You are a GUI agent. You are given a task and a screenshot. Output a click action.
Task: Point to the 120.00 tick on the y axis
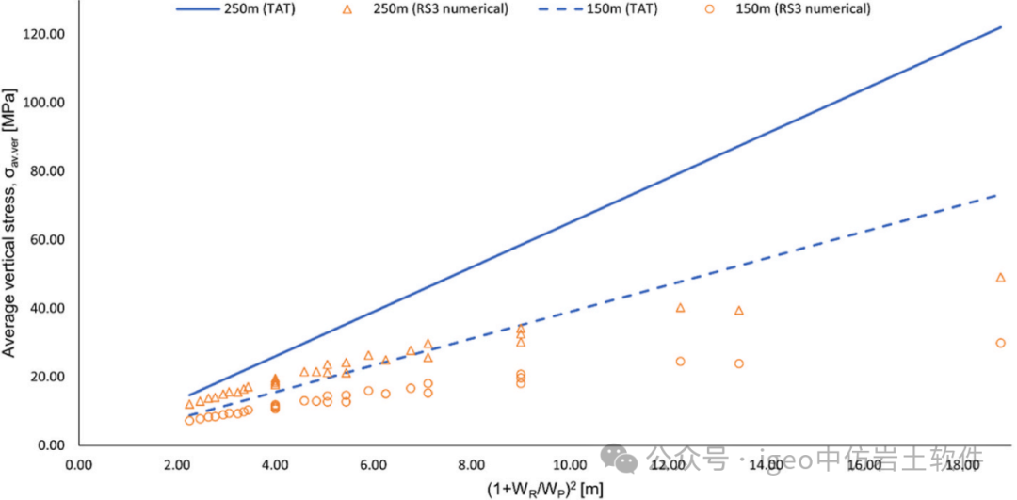pos(43,35)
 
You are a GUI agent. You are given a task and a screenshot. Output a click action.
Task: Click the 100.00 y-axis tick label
pos(43,103)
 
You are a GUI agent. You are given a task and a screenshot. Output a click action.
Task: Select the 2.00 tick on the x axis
pos(177,465)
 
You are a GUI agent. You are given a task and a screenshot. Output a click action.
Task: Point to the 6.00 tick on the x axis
pos(373,465)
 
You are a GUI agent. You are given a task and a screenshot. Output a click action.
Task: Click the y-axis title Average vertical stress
pos(10,222)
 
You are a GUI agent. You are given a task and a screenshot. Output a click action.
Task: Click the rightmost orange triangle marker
pos(1000,277)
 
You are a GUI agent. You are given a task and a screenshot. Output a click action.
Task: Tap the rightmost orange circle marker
pos(1000,343)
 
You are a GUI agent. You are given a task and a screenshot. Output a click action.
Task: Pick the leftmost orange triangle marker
pos(189,404)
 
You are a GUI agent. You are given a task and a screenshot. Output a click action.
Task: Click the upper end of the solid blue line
pos(1000,27)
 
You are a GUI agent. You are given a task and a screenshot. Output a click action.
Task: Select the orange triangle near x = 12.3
pos(680,307)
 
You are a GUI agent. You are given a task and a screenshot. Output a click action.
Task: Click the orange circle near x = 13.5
pos(739,363)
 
